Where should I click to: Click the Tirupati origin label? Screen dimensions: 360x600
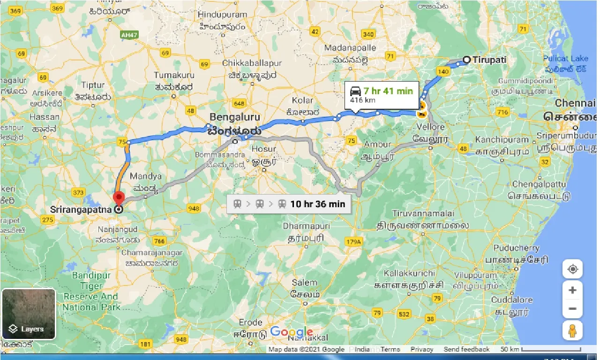click(490, 60)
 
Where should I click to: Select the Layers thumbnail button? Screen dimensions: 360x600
click(29, 314)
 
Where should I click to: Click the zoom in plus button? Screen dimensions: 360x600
click(572, 290)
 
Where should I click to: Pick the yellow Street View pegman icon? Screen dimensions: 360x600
click(572, 330)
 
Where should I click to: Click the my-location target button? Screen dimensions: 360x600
click(572, 270)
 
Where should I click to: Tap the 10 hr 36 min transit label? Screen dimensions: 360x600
click(317, 204)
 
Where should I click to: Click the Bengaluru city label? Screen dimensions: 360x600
click(235, 117)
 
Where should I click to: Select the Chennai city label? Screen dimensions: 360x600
click(575, 103)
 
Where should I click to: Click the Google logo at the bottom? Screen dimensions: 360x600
click(292, 332)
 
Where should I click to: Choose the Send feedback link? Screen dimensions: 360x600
click(466, 349)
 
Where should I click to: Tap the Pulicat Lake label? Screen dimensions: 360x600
click(565, 59)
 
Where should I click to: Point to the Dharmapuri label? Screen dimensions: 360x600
click(306, 226)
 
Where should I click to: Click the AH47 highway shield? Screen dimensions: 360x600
click(127, 35)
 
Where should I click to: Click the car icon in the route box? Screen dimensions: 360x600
click(356, 91)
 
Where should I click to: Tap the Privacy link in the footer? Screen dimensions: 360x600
click(422, 349)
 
